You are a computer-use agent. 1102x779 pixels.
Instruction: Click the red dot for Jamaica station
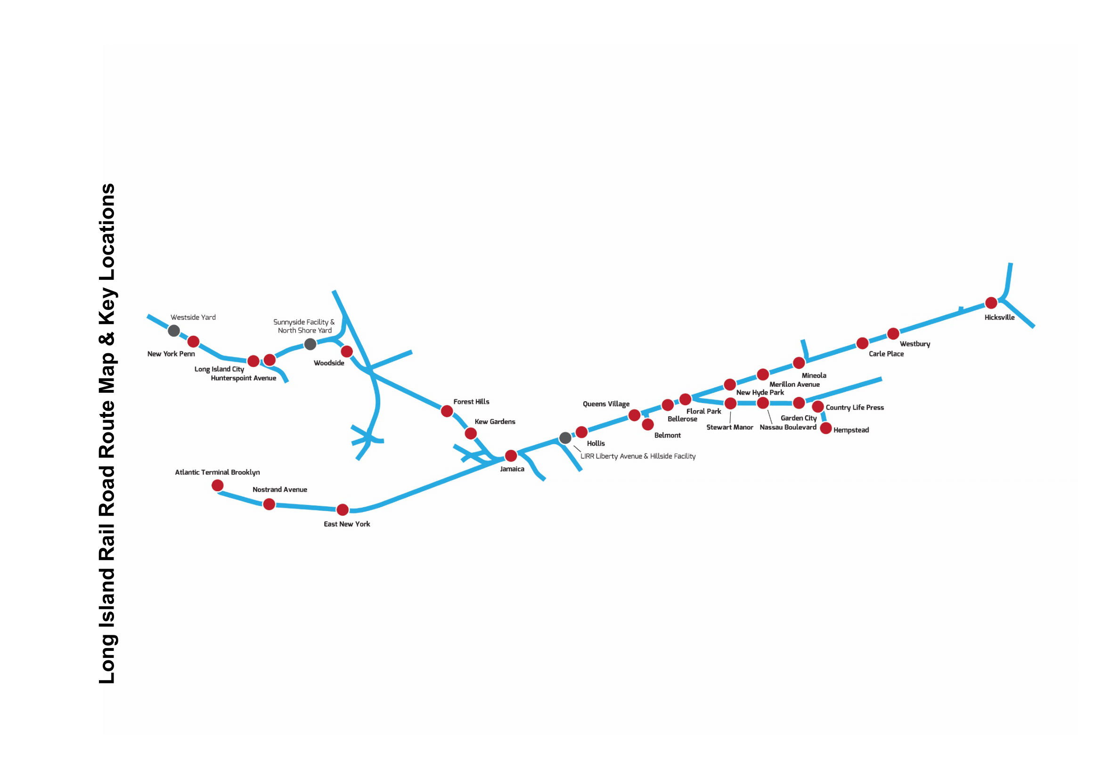pos(511,455)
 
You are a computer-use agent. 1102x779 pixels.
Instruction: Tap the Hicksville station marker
pos(991,303)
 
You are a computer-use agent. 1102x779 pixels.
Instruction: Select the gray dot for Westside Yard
pos(174,331)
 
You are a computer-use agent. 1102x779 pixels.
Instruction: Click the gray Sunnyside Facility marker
pos(310,344)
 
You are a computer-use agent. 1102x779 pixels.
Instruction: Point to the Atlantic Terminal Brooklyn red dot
pos(217,486)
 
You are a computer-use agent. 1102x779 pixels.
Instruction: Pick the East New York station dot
pos(342,510)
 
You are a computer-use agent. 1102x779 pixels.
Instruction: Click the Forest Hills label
pos(471,401)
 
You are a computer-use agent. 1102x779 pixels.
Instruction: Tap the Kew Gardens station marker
pos(470,433)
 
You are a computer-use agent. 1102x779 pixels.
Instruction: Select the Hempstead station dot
pos(825,428)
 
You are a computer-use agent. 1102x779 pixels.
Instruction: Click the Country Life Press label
pos(854,407)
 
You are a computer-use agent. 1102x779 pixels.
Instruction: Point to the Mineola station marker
pos(799,363)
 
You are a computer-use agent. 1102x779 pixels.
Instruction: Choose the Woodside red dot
pos(347,352)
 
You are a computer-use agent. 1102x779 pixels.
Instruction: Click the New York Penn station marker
pos(193,341)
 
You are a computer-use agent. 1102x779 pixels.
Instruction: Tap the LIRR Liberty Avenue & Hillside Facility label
pos(637,456)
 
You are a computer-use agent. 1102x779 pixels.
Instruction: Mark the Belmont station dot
pos(647,424)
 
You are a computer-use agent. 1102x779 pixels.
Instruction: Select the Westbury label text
pos(915,344)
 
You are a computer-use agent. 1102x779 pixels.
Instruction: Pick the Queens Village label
pos(606,404)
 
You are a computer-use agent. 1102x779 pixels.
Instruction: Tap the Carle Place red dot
pos(862,343)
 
